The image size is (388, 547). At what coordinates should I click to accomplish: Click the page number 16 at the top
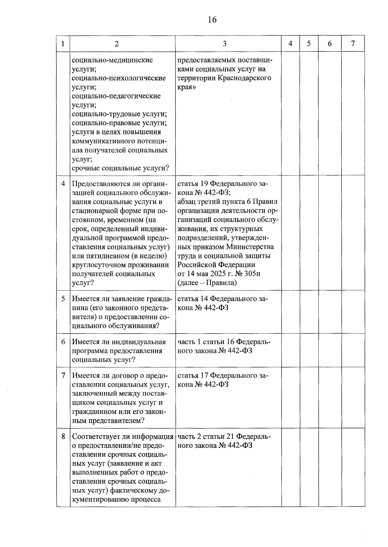point(212,20)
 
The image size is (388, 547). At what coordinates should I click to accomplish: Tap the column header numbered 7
point(353,44)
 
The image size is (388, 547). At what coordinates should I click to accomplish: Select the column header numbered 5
point(309,44)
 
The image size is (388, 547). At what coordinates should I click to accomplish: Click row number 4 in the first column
point(63,184)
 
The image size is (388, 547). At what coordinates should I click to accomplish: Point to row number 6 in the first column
point(63,342)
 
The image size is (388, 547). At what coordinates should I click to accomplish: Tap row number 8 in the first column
point(63,437)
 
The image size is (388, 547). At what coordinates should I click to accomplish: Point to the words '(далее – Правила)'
point(207,283)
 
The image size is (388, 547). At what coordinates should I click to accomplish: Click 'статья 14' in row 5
point(193,299)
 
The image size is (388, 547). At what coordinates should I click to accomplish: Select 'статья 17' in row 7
point(193,376)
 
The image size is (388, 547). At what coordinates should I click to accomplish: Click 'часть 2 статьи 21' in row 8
point(206,437)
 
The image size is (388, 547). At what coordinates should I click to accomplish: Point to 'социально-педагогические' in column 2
point(116,96)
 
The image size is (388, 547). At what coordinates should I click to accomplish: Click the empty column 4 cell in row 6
point(290,351)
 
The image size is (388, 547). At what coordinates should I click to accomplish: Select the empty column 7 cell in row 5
point(353,312)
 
